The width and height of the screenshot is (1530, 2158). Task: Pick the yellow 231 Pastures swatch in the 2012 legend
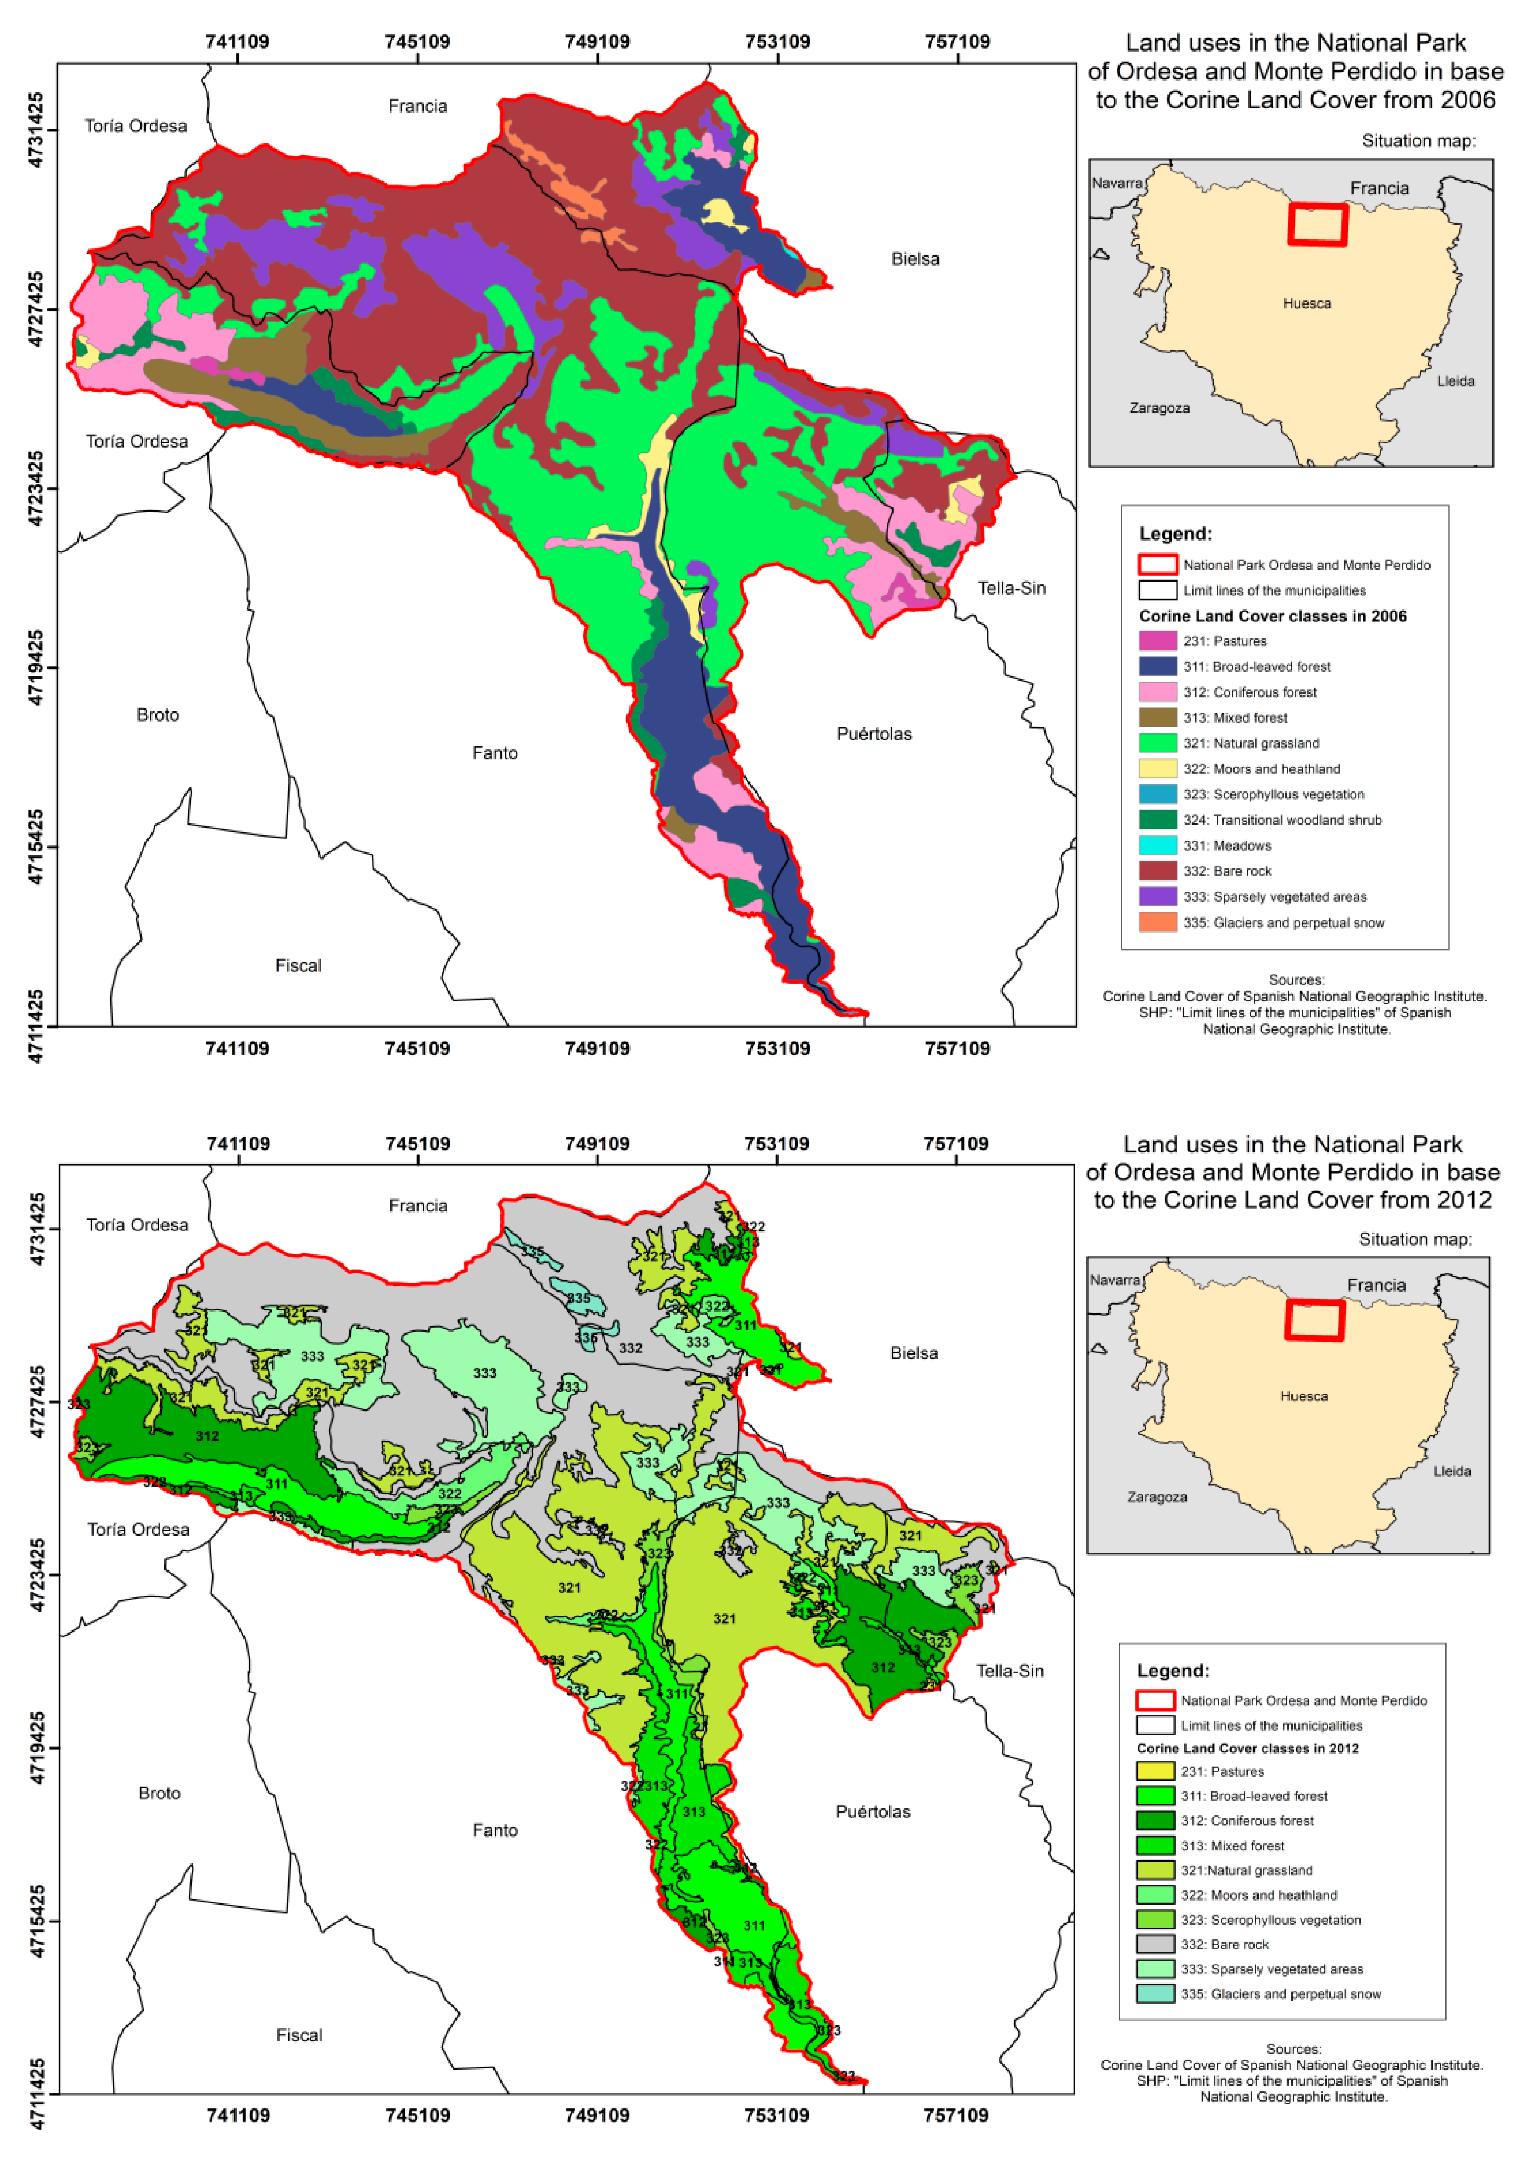pyautogui.click(x=1155, y=1771)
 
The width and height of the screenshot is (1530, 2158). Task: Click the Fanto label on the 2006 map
pyautogui.click(x=495, y=753)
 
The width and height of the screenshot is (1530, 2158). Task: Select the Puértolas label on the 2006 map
pyautogui.click(x=873, y=734)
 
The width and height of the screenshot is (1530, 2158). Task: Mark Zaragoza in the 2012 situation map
pyautogui.click(x=1157, y=1497)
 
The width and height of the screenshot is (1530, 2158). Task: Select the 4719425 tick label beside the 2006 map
pyautogui.click(x=36, y=667)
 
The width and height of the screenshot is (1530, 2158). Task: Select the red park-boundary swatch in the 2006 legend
pyautogui.click(x=1157, y=564)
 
